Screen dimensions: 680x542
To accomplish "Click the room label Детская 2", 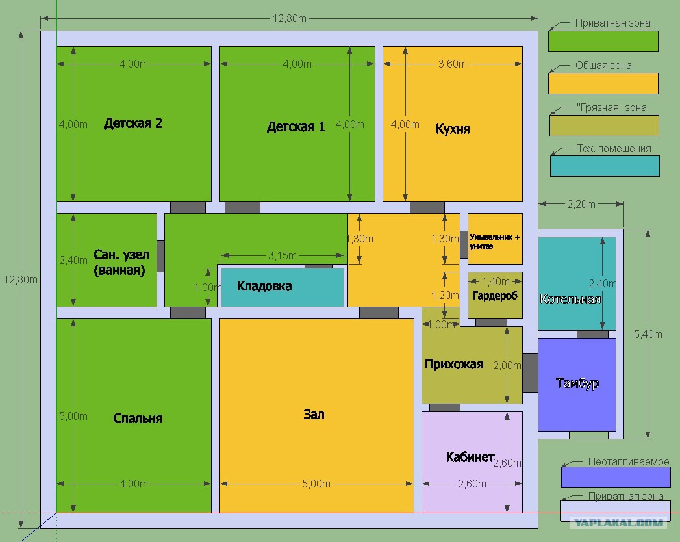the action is click(x=133, y=123).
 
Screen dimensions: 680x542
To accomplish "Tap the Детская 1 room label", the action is click(x=296, y=127).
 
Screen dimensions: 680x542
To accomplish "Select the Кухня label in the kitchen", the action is click(x=453, y=129).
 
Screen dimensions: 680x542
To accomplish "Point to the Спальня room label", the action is click(x=138, y=419).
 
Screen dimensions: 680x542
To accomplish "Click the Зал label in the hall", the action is click(x=314, y=415).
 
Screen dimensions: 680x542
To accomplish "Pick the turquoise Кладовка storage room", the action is click(x=283, y=287).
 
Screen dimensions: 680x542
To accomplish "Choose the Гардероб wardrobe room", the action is click(x=495, y=295).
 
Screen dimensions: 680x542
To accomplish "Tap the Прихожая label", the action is click(x=453, y=364).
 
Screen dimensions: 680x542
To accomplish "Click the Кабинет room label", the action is click(x=470, y=457).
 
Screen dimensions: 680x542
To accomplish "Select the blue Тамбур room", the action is click(x=577, y=385).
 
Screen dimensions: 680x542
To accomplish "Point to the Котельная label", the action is click(x=570, y=299).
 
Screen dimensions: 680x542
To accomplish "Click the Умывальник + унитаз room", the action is click(x=495, y=239).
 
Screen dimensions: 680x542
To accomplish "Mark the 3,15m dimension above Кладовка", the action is click(x=283, y=255).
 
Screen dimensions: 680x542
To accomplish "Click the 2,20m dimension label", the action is click(x=581, y=204).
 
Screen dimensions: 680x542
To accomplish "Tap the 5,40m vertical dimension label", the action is click(x=648, y=334).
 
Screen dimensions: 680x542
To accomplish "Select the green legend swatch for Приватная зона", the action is click(x=603, y=41).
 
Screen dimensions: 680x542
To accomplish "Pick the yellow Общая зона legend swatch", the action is click(x=603, y=83).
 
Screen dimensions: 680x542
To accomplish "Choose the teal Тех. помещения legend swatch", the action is click(x=605, y=166).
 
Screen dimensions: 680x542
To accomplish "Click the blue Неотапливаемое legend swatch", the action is click(x=616, y=477).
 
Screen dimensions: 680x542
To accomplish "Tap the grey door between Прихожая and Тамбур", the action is click(x=530, y=373).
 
